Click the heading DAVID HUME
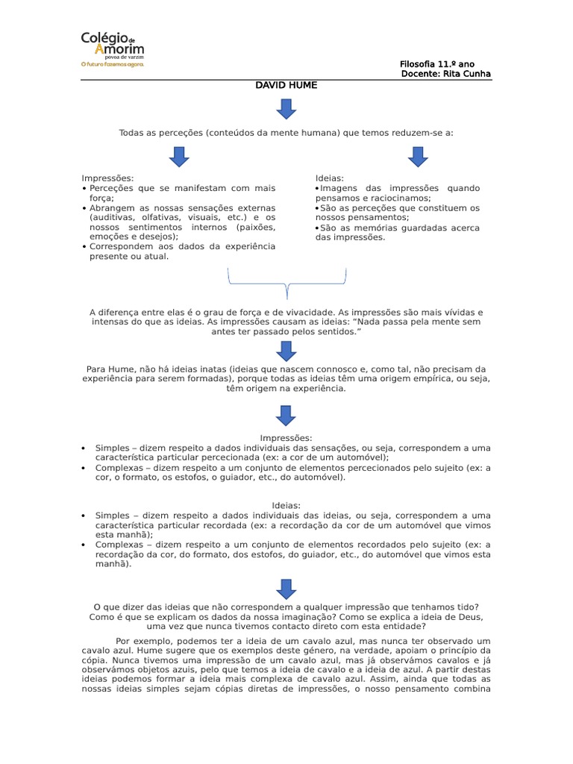(x=286, y=85)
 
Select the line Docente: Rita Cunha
(x=445, y=73)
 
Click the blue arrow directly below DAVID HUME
(x=286, y=109)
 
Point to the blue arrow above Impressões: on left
(x=179, y=157)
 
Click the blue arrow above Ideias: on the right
(x=417, y=157)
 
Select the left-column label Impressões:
(x=108, y=178)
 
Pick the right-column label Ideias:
(x=330, y=178)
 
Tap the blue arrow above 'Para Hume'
(x=286, y=350)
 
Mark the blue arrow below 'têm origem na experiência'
(x=286, y=415)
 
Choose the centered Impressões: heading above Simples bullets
(x=286, y=438)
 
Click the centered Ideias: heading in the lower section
(x=286, y=505)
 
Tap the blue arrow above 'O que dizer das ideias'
(x=286, y=589)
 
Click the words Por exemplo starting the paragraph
(x=142, y=640)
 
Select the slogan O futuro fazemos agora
(x=113, y=64)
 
